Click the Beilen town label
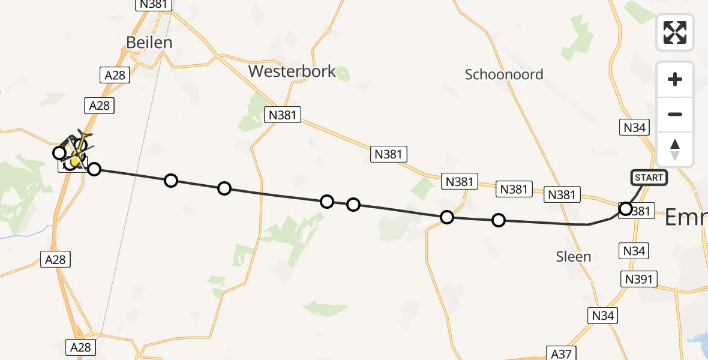tap(149, 43)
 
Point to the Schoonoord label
tap(504, 74)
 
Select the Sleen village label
tap(573, 257)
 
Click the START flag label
tap(649, 178)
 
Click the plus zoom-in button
tap(675, 79)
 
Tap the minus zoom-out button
tap(675, 114)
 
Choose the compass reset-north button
tap(675, 149)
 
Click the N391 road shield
tap(640, 279)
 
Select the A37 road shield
tap(562, 353)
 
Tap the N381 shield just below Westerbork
tap(283, 115)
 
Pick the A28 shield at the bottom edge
tap(80, 347)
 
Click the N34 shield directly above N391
tap(634, 251)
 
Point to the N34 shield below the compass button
tap(634, 127)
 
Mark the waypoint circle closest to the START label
tap(626, 209)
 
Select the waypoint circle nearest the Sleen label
tap(499, 220)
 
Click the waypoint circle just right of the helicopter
tap(94, 169)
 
